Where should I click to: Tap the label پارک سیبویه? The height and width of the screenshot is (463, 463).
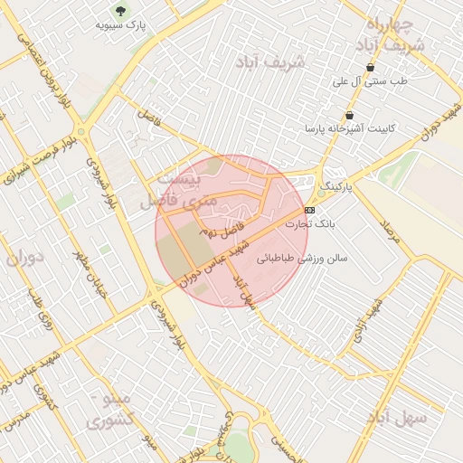pos(120,25)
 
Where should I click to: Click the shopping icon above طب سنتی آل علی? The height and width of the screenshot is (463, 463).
pos(370,68)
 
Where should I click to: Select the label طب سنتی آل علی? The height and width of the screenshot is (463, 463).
pos(370,81)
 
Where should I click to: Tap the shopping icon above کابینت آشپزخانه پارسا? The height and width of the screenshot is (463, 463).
pos(349,115)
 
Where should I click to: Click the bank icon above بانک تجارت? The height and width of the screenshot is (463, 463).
pos(310,210)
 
